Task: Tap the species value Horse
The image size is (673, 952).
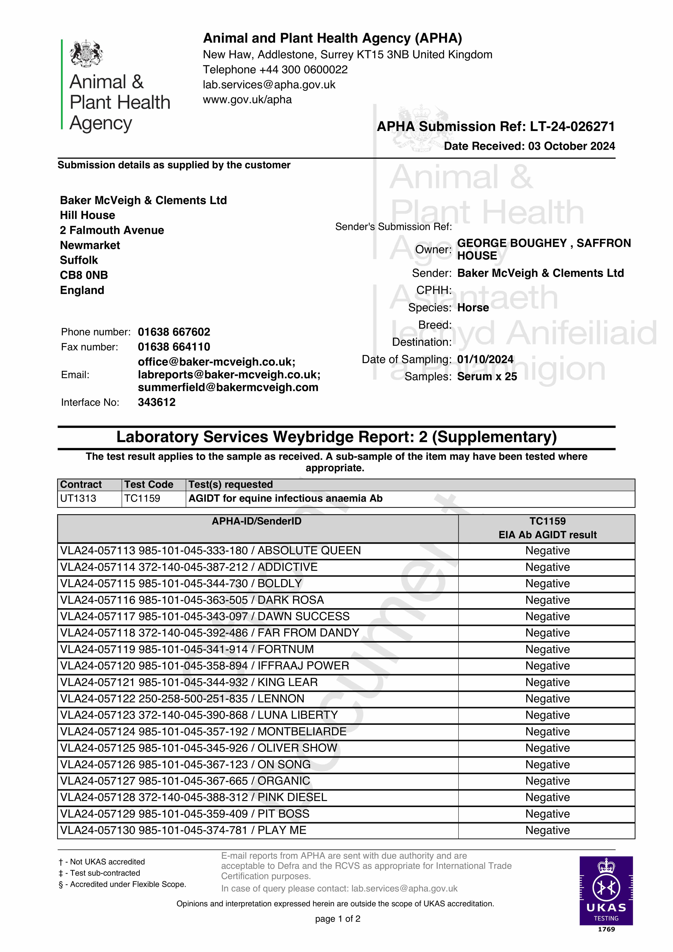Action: [473, 308]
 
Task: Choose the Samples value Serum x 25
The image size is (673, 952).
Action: [487, 376]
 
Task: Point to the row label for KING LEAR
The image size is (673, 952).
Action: [189, 682]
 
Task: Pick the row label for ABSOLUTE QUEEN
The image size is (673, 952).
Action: [210, 551]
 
